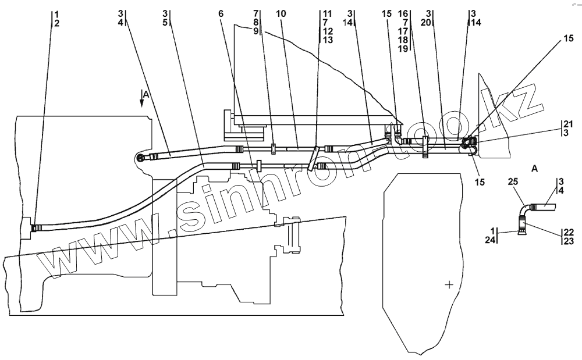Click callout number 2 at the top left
(x=56, y=23)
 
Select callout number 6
(x=221, y=13)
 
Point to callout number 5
(x=165, y=23)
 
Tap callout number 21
(x=567, y=124)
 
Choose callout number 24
(x=491, y=240)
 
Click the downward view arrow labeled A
(x=141, y=100)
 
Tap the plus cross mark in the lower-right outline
(x=449, y=284)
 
